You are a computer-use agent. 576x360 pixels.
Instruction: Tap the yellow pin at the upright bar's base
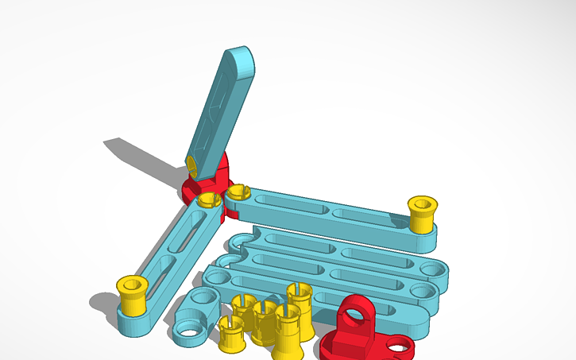[x=192, y=164]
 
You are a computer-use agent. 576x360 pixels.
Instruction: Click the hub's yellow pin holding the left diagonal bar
[x=208, y=199]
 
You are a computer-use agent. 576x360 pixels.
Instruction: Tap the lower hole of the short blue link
[x=187, y=328]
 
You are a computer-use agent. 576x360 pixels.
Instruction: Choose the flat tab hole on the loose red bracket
[x=400, y=344]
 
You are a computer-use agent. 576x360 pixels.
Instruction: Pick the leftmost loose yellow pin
[x=230, y=333]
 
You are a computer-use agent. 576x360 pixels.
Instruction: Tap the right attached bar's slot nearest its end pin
[x=367, y=216]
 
